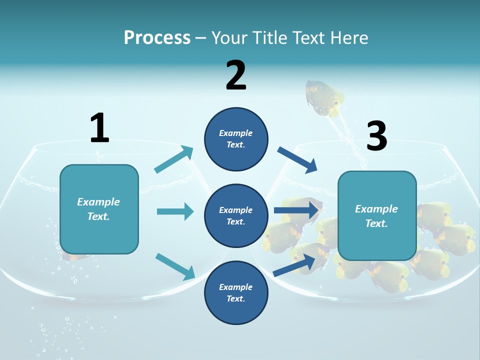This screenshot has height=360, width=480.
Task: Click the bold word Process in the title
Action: pos(157,38)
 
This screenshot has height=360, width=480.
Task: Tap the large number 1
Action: pos(99,128)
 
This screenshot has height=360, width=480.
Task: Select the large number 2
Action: pos(236,75)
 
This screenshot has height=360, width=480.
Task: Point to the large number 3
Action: pos(376,136)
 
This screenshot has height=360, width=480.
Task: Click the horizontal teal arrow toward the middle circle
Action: pos(175,211)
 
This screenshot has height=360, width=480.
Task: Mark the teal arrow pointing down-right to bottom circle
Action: pos(175,266)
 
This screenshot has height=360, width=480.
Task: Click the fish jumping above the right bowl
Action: pos(324,98)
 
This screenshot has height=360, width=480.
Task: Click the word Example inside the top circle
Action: pos(236,133)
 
